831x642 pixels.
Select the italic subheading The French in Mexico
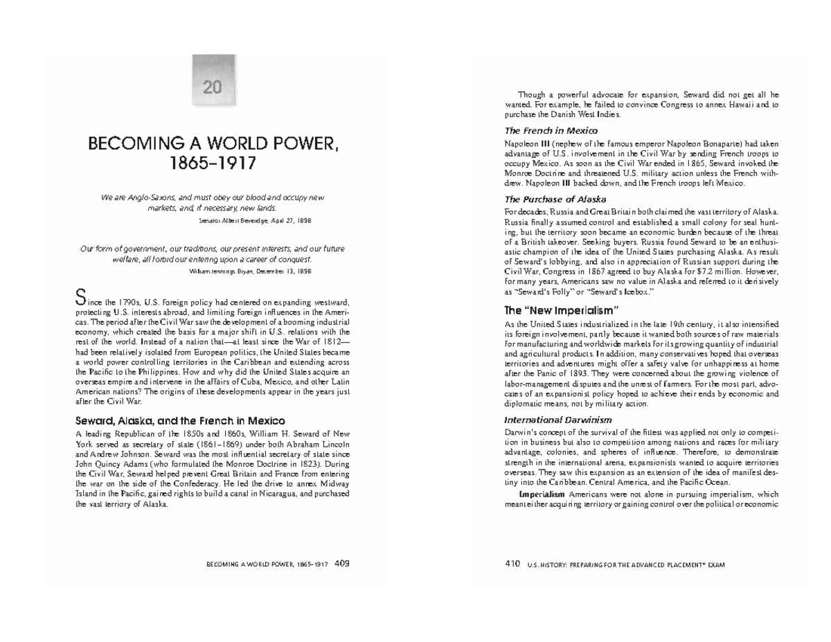pyautogui.click(x=551, y=130)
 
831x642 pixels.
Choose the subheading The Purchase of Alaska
pyautogui.click(x=556, y=199)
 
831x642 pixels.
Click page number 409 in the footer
pyautogui.click(x=341, y=564)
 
